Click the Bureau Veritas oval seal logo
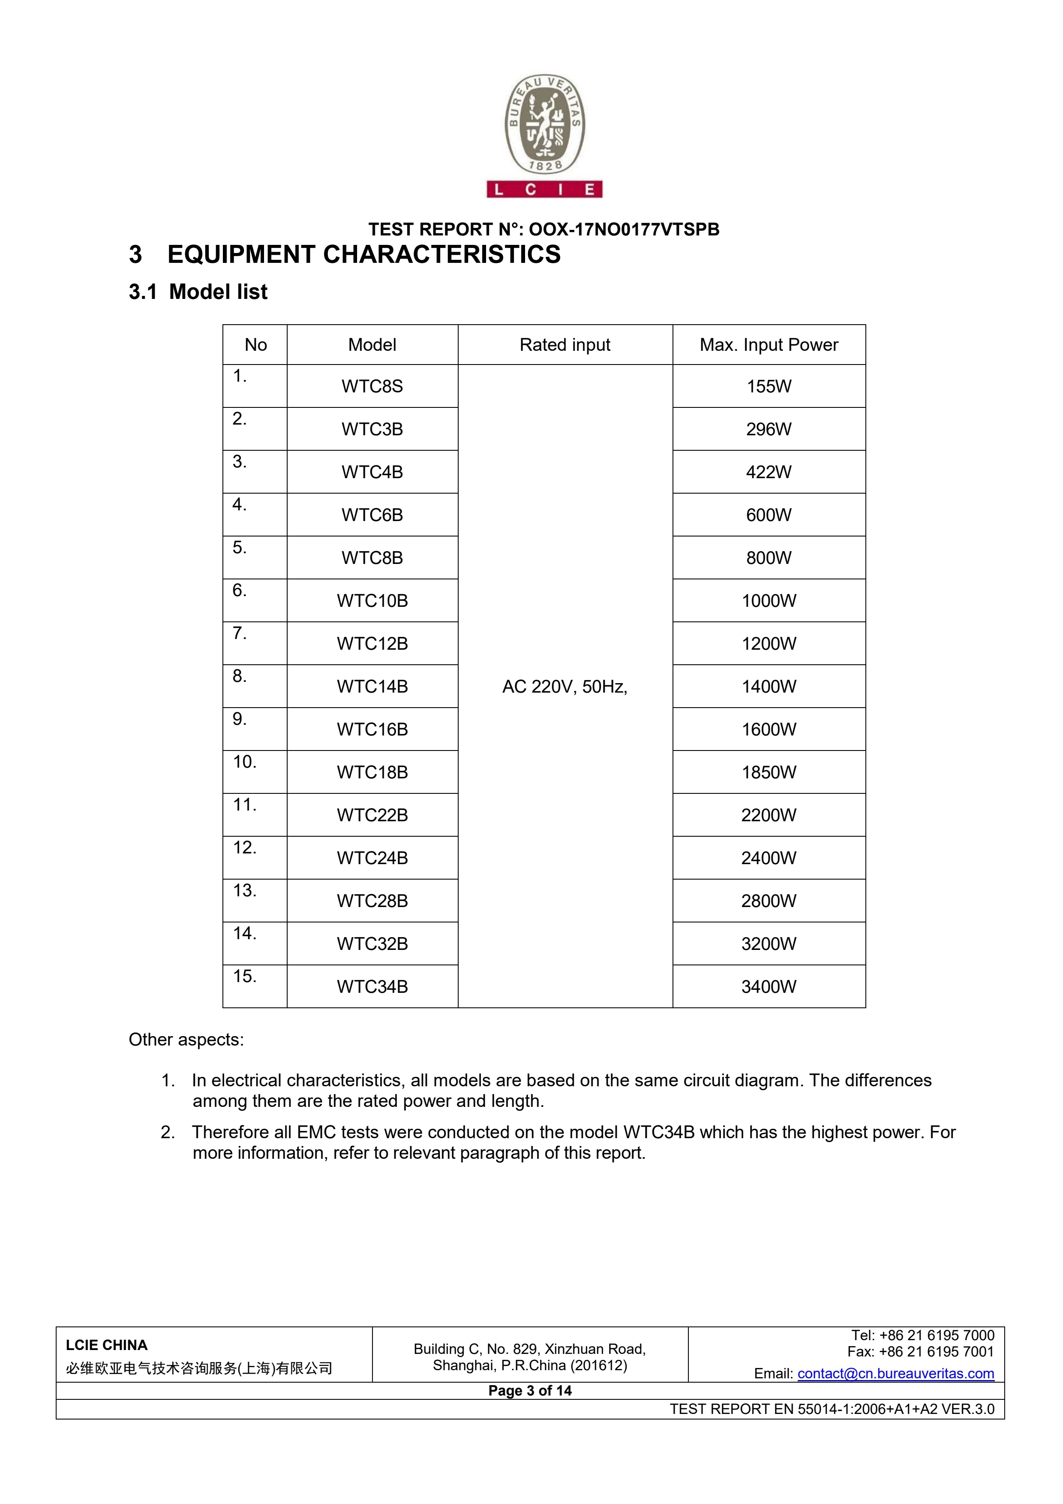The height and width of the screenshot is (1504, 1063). click(545, 127)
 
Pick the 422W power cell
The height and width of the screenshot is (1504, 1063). click(769, 472)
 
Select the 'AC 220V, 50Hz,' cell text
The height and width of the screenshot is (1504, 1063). click(565, 687)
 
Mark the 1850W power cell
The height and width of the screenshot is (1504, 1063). click(769, 772)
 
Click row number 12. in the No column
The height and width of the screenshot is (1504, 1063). click(245, 848)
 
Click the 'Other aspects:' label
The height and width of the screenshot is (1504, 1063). click(186, 1040)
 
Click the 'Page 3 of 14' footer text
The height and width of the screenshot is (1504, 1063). click(530, 1391)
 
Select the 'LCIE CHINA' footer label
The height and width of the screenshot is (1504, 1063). click(107, 1345)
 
